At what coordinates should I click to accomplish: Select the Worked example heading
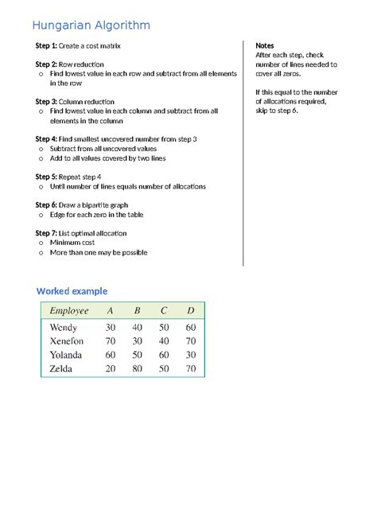[x=72, y=291]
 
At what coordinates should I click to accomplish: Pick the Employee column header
[x=69, y=311]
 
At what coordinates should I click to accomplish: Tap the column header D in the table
[x=190, y=311]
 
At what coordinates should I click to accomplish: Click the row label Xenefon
[x=67, y=341]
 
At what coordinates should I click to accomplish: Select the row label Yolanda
[x=65, y=355]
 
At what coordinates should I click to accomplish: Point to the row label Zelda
[x=62, y=370]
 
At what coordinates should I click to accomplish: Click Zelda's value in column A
[x=110, y=370]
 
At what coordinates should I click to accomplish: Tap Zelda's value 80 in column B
[x=137, y=370]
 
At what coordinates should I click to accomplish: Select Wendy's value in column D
[x=190, y=327]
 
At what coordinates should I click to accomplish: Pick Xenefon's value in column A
[x=110, y=341]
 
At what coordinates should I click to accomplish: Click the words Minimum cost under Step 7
[x=75, y=243]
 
